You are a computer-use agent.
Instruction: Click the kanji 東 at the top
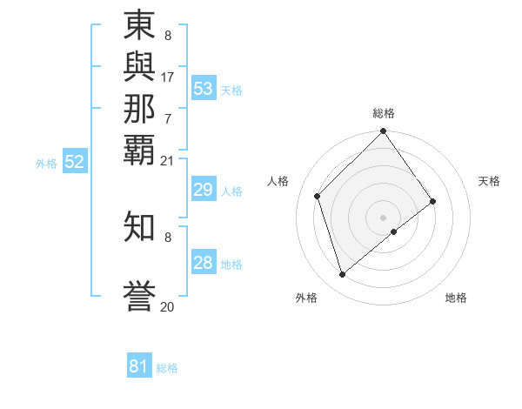pyautogui.click(x=140, y=27)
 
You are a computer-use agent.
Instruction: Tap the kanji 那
pyautogui.click(x=140, y=108)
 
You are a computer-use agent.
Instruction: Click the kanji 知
pyautogui.click(x=140, y=226)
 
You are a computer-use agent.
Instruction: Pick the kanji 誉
pyautogui.click(x=140, y=296)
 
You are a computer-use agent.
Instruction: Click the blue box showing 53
pyautogui.click(x=204, y=89)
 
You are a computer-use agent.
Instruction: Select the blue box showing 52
pyautogui.click(x=75, y=162)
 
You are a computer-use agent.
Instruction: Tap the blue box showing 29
pyautogui.click(x=204, y=190)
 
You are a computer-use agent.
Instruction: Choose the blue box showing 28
pyautogui.click(x=204, y=263)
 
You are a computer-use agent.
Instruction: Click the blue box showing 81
pyautogui.click(x=139, y=366)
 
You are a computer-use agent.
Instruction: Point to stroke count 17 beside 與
pyautogui.click(x=168, y=77)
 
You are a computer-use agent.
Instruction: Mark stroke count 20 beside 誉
pyautogui.click(x=167, y=306)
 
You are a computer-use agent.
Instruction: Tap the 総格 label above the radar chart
pyautogui.click(x=384, y=114)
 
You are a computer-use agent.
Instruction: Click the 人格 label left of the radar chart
pyautogui.click(x=278, y=181)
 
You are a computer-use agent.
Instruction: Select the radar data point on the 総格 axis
pyautogui.click(x=383, y=132)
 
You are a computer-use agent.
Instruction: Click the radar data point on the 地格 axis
pyautogui.click(x=394, y=231)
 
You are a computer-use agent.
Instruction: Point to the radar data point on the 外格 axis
pyautogui.click(x=342, y=275)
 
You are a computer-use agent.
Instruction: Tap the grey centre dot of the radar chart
pyautogui.click(x=383, y=217)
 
